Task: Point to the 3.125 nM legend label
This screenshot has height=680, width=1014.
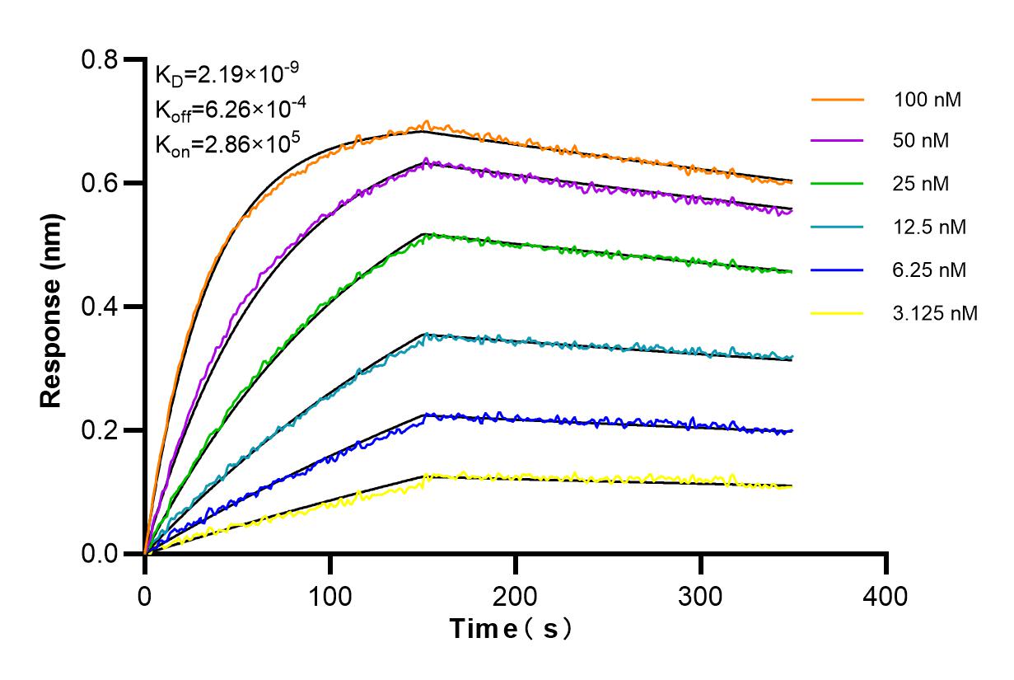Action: point(936,312)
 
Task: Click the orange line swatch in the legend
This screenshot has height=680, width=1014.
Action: point(837,100)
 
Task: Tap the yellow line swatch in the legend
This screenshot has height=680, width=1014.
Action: point(837,312)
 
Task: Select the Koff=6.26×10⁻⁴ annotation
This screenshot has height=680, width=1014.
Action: point(227,109)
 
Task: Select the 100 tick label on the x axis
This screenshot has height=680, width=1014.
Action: point(330,595)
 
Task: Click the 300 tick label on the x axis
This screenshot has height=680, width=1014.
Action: point(701,595)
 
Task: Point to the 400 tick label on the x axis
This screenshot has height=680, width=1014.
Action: point(886,595)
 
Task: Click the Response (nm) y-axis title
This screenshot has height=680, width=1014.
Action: point(52,307)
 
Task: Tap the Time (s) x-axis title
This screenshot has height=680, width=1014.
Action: point(512,629)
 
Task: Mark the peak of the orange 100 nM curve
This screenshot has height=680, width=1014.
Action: point(425,123)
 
